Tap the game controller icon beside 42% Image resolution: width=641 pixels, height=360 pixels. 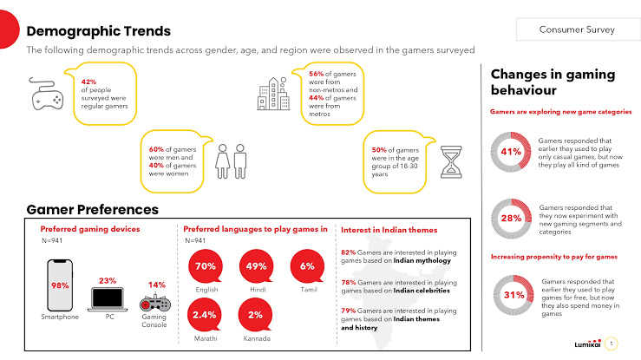pos(45,95)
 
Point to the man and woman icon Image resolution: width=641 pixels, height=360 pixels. pos(232,160)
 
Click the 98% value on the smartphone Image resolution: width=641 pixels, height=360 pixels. pos(60,286)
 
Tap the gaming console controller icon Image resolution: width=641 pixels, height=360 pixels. pos(156,305)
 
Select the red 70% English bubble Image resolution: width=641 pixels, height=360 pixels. pos(206,266)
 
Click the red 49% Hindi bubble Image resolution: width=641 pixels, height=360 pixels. pos(257,266)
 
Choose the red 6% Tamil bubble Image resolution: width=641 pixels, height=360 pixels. pos(307,266)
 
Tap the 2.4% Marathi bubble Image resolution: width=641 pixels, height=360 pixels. pos(206,314)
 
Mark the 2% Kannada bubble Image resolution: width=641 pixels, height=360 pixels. pos(257,314)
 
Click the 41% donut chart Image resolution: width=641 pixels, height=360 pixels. pos(511,151)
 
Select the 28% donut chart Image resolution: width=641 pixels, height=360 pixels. pos(511,217)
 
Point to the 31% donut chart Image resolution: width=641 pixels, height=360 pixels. pos(511,294)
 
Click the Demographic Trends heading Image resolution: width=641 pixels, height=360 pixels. pos(91,31)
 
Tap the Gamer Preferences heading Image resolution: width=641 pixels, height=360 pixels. pos(92,209)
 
